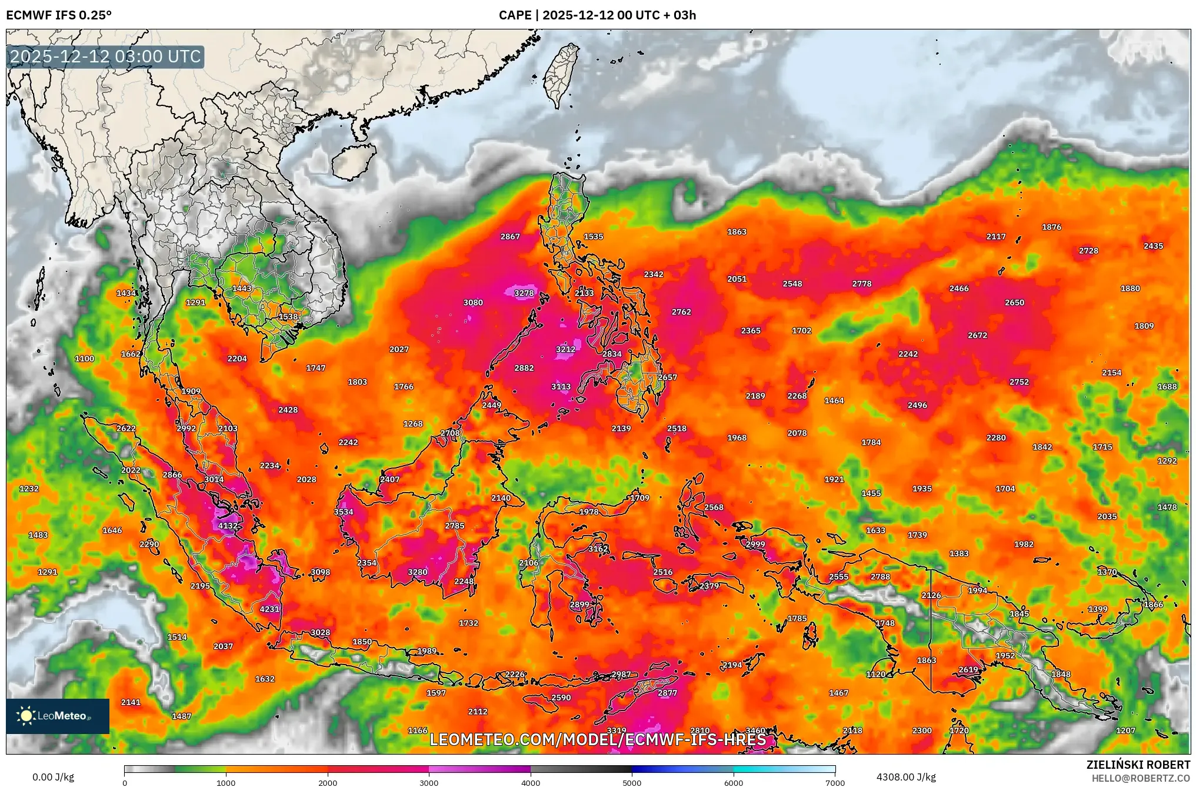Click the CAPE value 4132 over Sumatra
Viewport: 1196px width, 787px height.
click(x=228, y=526)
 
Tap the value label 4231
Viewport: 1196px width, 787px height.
click(x=269, y=609)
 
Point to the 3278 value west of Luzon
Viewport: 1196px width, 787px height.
click(x=524, y=293)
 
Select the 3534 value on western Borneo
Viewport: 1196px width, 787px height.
click(x=344, y=512)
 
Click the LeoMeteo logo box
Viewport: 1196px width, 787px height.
click(x=58, y=716)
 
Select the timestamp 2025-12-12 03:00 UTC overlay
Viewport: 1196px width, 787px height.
click(x=106, y=57)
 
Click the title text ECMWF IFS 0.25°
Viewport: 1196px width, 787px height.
click(x=59, y=15)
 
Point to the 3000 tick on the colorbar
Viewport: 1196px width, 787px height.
click(x=429, y=782)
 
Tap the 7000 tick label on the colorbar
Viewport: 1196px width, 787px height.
click(x=835, y=782)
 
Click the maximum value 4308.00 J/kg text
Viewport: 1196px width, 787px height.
click(x=905, y=777)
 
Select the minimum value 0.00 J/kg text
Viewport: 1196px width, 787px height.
click(x=53, y=777)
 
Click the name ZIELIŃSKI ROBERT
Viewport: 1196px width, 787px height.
click(x=1138, y=765)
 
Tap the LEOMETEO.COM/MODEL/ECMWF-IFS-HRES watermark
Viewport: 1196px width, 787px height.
click(x=598, y=739)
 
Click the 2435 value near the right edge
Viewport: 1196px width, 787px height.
click(x=1153, y=246)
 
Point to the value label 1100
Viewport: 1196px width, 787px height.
click(x=85, y=358)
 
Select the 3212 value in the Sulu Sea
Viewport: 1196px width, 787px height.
click(x=565, y=349)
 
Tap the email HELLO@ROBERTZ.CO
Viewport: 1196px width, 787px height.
click(x=1141, y=778)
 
